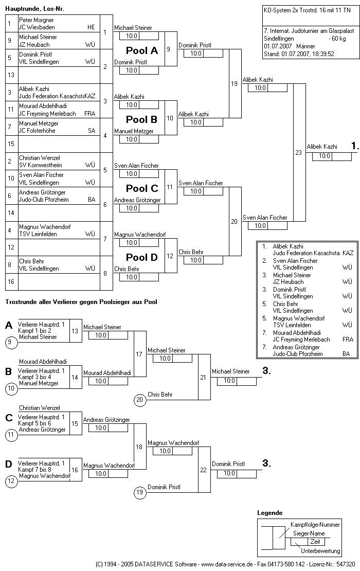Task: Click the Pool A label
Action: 142,51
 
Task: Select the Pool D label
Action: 142,257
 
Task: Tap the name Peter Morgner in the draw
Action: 37,20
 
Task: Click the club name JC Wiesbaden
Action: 37,27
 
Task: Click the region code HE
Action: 91,27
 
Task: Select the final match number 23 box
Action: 299,152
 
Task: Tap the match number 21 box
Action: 204,377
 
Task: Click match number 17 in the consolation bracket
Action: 139,354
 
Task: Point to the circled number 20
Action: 140,400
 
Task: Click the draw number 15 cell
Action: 11,144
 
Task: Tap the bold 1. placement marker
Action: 355,147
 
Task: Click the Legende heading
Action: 269,513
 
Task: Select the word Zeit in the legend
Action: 315,542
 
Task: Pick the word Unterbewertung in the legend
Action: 320,551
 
